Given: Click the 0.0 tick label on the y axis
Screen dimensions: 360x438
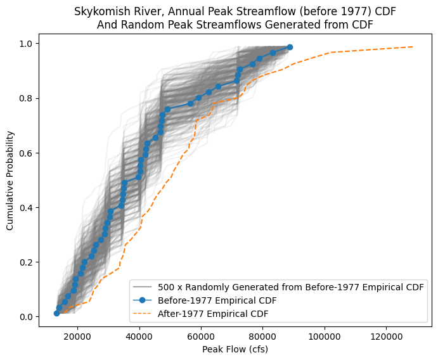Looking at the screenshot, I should click(x=27, y=317).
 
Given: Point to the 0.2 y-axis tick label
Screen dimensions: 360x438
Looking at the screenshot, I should click(x=27, y=262).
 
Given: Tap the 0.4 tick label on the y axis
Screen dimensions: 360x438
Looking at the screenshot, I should click(x=27, y=208).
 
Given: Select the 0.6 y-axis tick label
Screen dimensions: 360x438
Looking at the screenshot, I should click(x=27, y=153).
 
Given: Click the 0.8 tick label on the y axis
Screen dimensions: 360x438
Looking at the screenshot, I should click(x=27, y=98).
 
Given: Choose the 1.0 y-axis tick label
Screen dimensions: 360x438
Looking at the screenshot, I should click(x=27, y=44).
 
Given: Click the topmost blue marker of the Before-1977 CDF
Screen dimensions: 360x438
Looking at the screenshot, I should click(x=290, y=47).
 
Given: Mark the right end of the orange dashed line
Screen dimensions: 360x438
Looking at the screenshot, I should click(x=413, y=47).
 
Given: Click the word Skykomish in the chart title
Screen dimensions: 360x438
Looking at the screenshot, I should click(x=99, y=12).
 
